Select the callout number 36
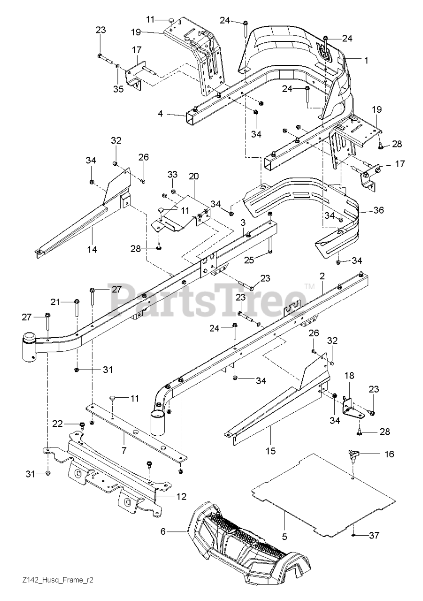tap(378, 210)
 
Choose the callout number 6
tap(163, 531)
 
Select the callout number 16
tap(389, 454)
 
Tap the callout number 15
tap(269, 451)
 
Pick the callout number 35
tap(118, 89)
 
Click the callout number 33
tap(172, 175)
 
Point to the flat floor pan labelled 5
tap(324, 493)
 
